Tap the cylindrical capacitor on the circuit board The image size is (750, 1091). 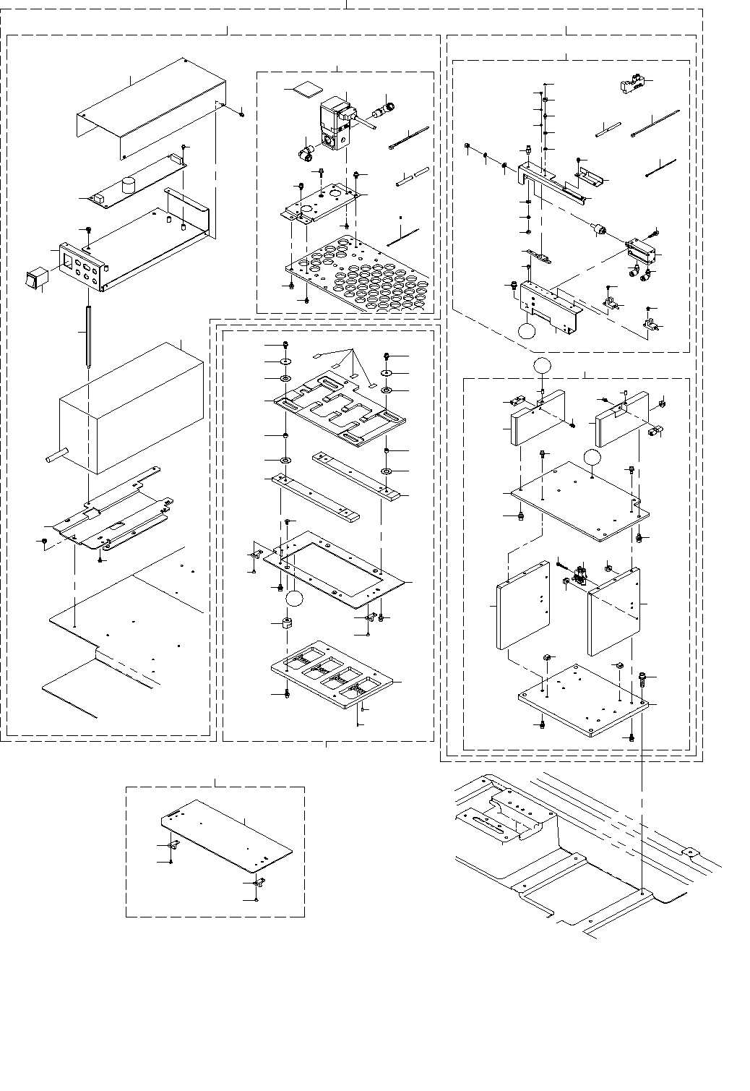pyautogui.click(x=131, y=185)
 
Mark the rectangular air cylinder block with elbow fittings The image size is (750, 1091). pyautogui.click(x=644, y=252)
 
